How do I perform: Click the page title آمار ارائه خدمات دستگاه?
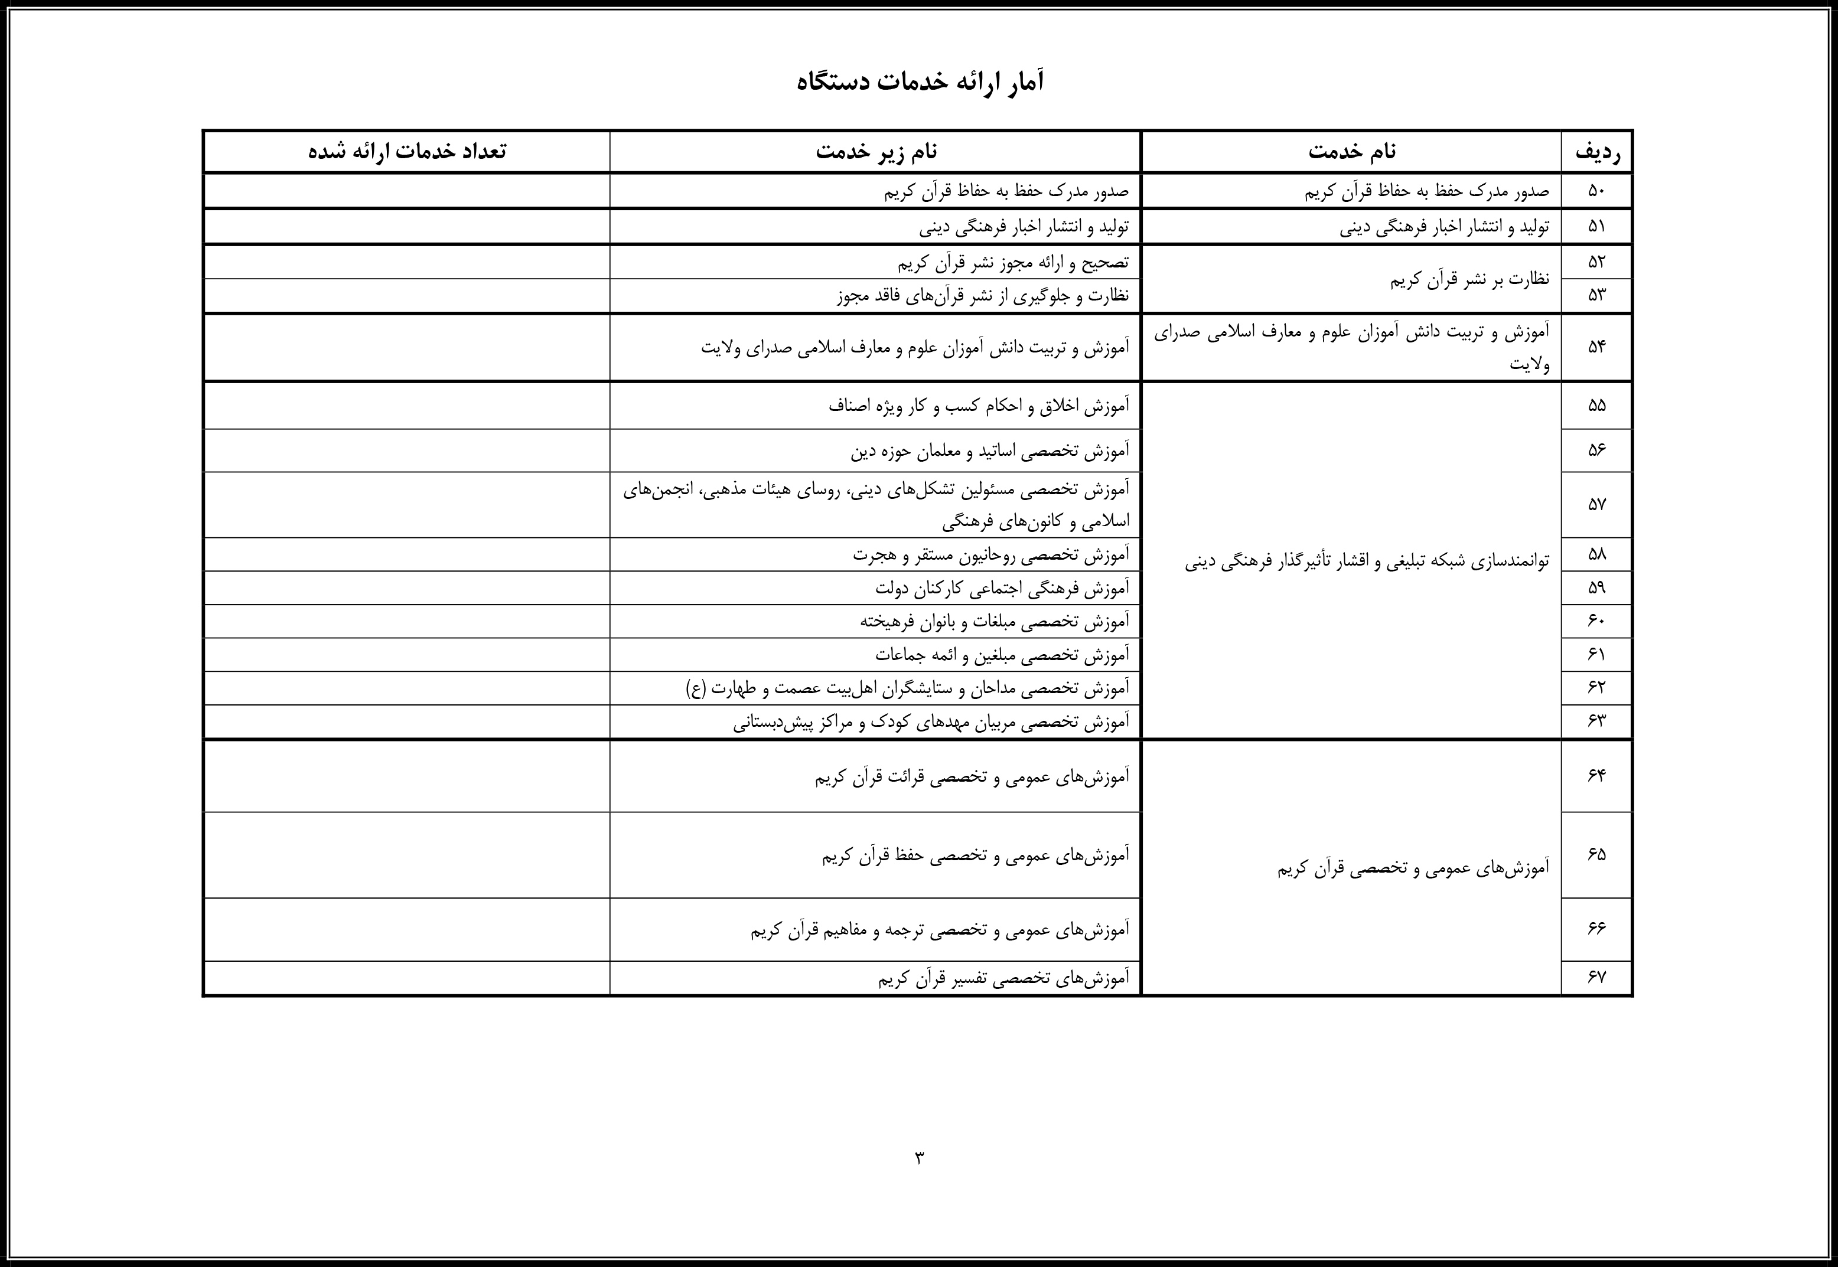coord(920,81)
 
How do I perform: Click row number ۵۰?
coord(1596,191)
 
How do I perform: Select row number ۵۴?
coord(1596,347)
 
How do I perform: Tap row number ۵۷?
coord(1596,505)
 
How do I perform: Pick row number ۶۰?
coord(1596,621)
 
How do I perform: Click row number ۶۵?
coord(1596,854)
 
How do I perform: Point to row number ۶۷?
coord(1596,977)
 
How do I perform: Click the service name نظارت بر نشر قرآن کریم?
coord(1469,279)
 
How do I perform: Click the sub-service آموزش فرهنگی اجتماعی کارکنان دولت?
coord(1001,588)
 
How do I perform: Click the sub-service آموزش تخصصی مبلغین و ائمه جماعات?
coord(1001,655)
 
